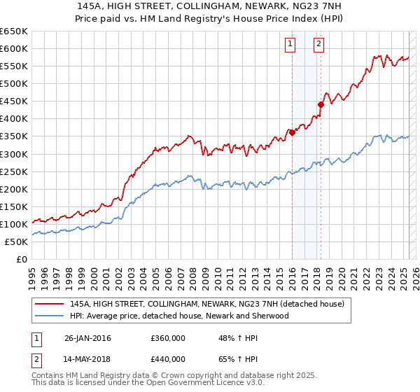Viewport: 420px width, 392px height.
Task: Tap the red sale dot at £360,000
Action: [292, 132]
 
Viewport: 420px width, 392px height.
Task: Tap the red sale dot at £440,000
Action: [321, 104]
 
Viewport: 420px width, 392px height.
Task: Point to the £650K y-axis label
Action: [14, 31]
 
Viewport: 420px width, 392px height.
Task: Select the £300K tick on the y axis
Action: [14, 154]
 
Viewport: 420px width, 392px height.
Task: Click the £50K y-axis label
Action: [17, 241]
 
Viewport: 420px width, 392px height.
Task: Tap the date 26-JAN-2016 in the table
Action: [87, 338]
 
